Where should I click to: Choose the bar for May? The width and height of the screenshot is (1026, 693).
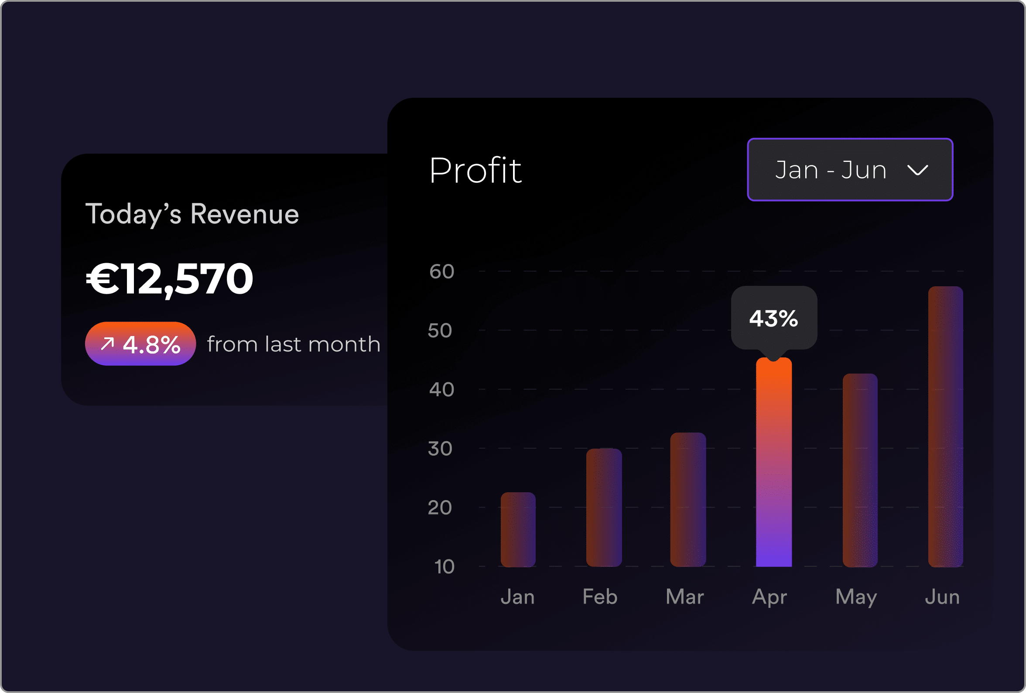coord(859,470)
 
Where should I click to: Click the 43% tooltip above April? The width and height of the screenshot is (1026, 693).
coord(773,318)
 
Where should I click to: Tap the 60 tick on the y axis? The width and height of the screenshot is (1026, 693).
coord(441,271)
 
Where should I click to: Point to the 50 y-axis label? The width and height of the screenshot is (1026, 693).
coord(440,330)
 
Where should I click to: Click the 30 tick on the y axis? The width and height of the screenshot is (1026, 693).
coord(440,448)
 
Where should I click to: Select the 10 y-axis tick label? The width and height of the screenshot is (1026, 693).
coord(444,566)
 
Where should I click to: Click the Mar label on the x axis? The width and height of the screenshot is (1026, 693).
coord(684,597)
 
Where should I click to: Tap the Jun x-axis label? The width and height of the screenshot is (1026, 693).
coord(942,597)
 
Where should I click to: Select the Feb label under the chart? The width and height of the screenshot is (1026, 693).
coord(599,597)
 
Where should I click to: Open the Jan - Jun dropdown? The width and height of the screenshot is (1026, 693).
coord(849,170)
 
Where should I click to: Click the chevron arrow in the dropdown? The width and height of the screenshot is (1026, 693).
coord(917,170)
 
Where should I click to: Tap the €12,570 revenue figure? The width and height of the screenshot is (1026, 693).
coord(170,278)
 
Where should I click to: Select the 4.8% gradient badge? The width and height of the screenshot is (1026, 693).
coord(140,343)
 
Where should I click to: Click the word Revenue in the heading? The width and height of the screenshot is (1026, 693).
coord(245,214)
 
